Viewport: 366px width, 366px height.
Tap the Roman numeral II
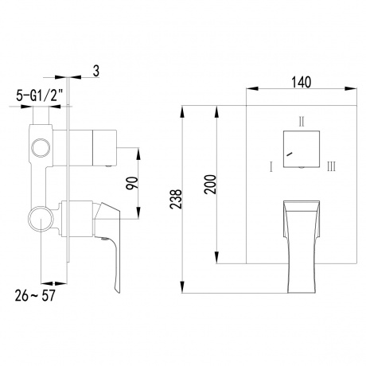pyautogui.click(x=301, y=121)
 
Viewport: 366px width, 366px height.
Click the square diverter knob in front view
pyautogui.click(x=301, y=151)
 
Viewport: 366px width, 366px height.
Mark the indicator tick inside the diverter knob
pyautogui.click(x=291, y=151)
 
